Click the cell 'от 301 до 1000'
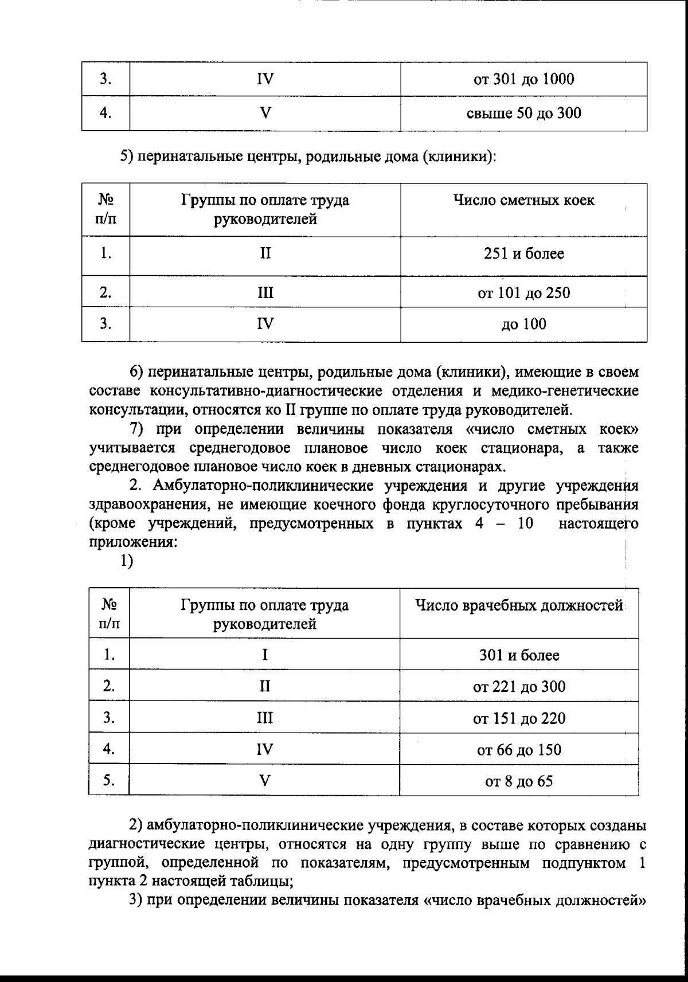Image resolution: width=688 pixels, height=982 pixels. tap(523, 79)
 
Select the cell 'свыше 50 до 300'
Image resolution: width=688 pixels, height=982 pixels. tap(523, 113)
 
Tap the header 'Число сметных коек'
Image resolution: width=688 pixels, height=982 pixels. tap(523, 200)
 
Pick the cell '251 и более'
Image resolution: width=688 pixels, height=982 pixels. tap(523, 253)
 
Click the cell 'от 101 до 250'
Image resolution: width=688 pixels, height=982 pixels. tap(523, 293)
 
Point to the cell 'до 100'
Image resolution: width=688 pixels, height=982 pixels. tap(523, 324)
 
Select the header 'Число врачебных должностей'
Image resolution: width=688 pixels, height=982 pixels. tap(519, 606)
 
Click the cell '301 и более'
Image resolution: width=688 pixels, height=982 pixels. tap(519, 655)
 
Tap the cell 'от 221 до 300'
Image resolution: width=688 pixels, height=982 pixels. tap(519, 686)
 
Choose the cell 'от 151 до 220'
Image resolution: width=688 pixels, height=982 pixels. tap(519, 718)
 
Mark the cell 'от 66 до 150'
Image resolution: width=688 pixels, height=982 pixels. tap(519, 749)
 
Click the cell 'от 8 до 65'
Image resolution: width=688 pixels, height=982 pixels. tap(519, 781)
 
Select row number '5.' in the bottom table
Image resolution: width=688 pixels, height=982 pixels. tap(109, 780)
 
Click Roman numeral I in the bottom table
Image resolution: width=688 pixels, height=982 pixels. tap(264, 655)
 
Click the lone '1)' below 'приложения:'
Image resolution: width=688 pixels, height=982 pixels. tap(127, 562)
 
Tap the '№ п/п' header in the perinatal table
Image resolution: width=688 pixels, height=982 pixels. tap(105, 209)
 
